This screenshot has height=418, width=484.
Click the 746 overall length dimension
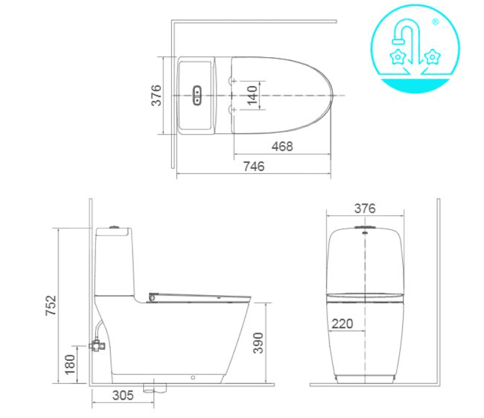253,167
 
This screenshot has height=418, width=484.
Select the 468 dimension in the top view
283,146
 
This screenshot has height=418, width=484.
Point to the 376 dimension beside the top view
157,95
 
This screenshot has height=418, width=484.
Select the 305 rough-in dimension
123,396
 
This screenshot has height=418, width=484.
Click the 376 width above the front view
364,208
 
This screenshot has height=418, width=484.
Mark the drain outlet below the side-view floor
154,388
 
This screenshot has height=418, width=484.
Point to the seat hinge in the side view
151,298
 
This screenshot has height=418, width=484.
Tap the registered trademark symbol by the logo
435,22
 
